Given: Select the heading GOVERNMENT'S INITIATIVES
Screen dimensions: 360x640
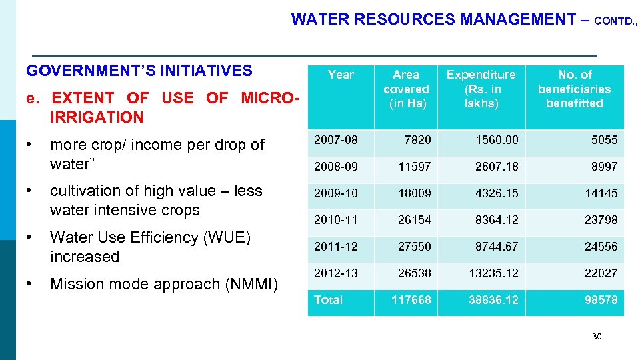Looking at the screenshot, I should coord(139,71).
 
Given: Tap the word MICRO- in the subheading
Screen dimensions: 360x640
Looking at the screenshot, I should coord(270,98).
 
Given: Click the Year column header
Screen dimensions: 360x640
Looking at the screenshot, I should coord(341,75).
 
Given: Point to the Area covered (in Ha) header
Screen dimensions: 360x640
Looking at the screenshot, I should coord(406,89).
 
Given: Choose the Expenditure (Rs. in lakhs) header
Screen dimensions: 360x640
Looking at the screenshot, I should coord(481,89).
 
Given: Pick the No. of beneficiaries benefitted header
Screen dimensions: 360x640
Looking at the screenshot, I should coord(574,89).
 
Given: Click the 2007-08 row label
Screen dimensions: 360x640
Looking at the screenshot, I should coord(336,140).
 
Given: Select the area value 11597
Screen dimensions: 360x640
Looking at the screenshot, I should coord(415,167).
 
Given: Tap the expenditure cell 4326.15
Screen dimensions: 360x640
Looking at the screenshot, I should coord(496,193).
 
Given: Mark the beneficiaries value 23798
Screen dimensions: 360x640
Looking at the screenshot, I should coord(601,220).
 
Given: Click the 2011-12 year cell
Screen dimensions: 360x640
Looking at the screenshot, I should coord(336,247).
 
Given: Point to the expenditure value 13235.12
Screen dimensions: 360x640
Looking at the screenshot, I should coord(493,273).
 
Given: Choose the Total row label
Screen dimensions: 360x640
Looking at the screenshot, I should coord(328,300).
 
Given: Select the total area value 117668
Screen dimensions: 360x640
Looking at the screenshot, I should coord(411,300).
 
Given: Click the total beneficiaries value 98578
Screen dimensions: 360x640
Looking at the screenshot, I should coord(601,300).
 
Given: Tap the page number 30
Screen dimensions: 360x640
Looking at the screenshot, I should coord(597,337).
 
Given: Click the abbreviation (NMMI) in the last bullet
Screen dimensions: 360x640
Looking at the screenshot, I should coord(257,284).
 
